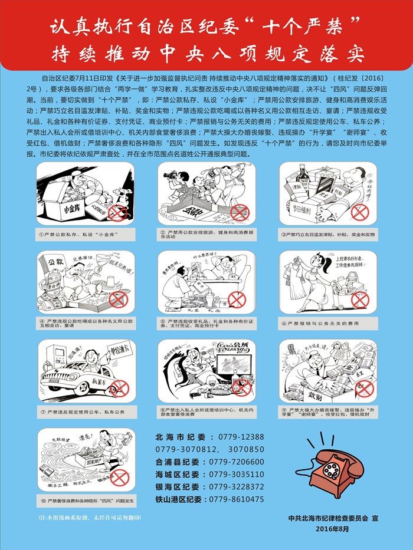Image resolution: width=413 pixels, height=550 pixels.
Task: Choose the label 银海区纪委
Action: (178, 486)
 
